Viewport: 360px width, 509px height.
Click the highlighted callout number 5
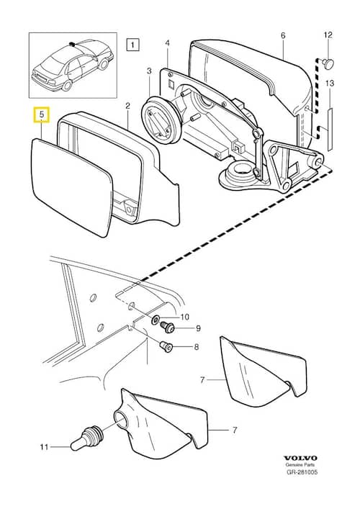click(x=42, y=114)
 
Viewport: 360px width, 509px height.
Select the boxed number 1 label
click(x=132, y=45)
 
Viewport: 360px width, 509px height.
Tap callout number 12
click(x=328, y=35)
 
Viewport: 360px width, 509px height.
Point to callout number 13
click(x=330, y=84)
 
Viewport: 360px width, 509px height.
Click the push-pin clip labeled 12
click(x=328, y=63)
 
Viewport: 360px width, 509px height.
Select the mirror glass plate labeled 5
click(x=72, y=187)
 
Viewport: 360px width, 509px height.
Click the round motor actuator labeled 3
click(x=161, y=120)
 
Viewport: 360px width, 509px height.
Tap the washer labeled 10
click(x=156, y=320)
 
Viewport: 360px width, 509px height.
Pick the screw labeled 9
click(x=168, y=327)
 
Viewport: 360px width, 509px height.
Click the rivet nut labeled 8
click(x=166, y=346)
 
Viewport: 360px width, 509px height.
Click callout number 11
click(x=44, y=447)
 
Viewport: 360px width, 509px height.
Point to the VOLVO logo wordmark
click(x=300, y=458)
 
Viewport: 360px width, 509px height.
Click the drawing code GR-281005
click(x=302, y=472)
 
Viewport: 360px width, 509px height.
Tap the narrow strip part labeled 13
click(x=330, y=130)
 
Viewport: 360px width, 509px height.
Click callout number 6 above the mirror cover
click(x=283, y=35)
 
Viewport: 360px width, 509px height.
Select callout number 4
click(x=167, y=43)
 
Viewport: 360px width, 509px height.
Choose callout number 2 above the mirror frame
click(x=127, y=106)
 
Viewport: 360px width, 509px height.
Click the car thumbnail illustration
click(x=73, y=65)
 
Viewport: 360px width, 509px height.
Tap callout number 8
click(x=196, y=347)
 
